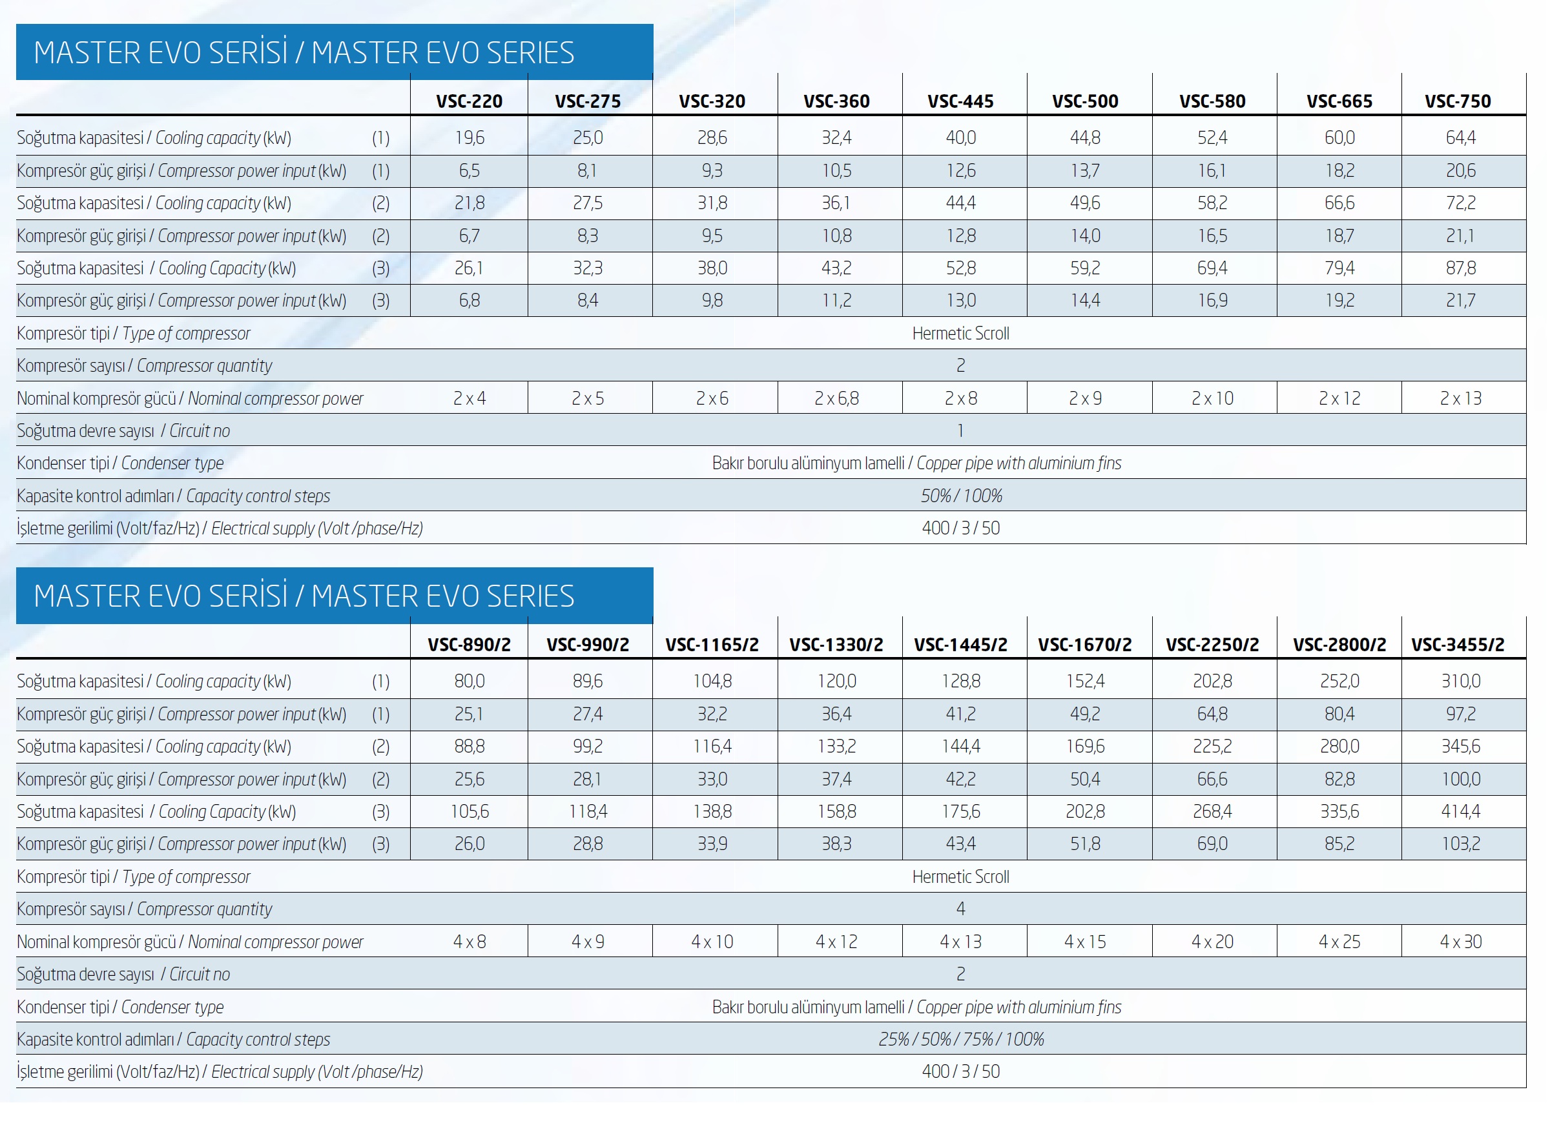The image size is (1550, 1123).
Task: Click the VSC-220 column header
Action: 469,101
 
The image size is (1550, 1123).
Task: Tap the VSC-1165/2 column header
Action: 712,644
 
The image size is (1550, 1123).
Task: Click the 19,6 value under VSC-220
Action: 469,137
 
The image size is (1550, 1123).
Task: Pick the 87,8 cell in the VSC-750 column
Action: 1460,268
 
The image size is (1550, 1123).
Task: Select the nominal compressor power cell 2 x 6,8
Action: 836,398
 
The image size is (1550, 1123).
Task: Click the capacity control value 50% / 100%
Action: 960,496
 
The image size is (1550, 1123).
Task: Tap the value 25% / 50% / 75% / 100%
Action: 960,1039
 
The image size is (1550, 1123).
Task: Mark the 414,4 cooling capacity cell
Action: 1460,811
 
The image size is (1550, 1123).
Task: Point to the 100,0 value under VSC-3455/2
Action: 1460,779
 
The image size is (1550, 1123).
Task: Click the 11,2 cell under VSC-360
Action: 836,301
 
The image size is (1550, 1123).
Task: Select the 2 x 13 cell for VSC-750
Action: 1460,398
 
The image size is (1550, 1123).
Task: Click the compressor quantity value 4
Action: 960,909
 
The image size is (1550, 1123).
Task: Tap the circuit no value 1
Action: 960,430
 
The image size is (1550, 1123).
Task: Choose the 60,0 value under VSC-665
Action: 1339,137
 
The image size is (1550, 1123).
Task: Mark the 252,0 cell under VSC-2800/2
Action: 1339,681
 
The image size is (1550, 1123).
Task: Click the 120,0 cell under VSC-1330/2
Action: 836,681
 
